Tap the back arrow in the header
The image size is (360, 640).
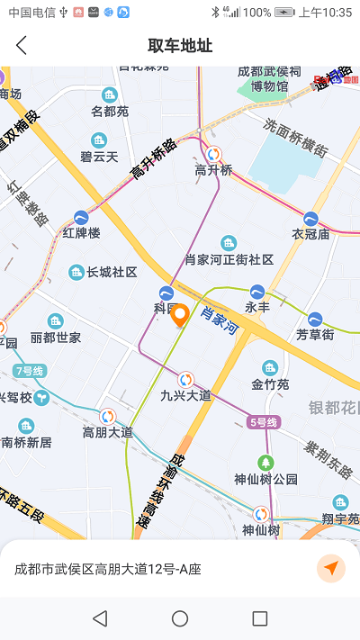22,45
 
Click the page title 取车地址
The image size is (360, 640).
180,45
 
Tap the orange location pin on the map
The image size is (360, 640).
180,316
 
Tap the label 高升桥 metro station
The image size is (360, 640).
213,169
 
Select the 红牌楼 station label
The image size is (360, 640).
81,232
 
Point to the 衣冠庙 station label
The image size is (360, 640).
310,233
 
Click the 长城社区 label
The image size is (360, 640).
111,272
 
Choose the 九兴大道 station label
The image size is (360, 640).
185,395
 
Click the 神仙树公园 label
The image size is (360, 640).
265,479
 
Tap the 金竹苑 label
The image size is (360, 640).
270,384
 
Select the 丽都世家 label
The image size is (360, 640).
56,338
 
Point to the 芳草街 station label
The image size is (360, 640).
315,334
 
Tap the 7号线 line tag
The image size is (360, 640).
30,371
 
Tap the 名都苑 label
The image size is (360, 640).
110,112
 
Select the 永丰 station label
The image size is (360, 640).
257,307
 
